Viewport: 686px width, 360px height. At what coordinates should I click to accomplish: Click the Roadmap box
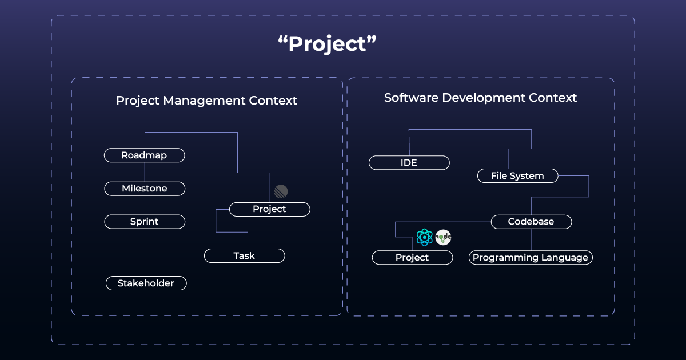145,155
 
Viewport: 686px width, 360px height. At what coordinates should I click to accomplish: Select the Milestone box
145,189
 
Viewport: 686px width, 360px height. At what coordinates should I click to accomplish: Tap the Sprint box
145,222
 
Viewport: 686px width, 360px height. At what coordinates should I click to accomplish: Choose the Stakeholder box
146,283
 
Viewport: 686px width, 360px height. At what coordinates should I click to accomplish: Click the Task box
244,256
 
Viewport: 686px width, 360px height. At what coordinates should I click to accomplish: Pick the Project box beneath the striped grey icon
269,209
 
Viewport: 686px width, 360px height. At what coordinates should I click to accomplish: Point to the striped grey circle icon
281,191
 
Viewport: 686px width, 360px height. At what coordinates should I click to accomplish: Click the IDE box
409,163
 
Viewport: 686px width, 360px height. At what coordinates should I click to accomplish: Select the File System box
517,176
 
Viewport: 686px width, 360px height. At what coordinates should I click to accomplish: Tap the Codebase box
531,222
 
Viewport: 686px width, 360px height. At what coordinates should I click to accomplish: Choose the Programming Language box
531,258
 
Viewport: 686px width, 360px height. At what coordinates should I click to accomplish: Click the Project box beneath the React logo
412,258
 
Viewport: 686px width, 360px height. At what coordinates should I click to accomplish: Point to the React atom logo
425,237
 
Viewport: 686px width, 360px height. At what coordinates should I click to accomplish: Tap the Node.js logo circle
444,237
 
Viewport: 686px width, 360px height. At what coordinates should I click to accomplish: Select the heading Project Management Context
206,101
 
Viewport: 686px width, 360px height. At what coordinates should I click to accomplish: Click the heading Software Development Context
480,98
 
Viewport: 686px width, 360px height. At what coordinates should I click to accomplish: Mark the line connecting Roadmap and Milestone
145,172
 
